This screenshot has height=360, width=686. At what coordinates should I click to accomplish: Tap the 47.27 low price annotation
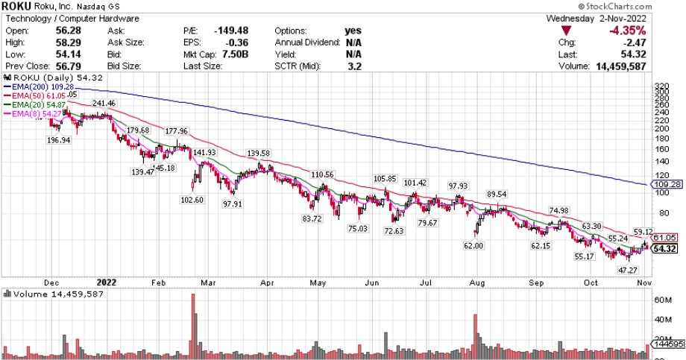(627, 269)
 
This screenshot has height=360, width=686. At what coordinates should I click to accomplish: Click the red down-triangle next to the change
(568, 32)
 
